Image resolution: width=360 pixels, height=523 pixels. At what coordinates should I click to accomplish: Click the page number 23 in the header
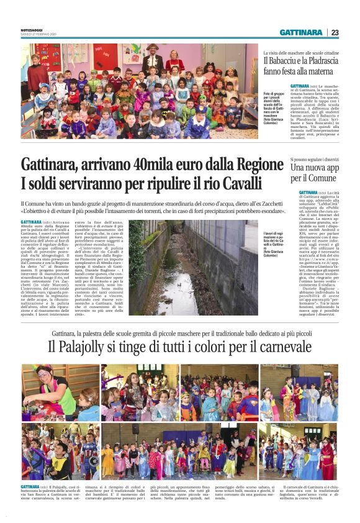pyautogui.click(x=335, y=32)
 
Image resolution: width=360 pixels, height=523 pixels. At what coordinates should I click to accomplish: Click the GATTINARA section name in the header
pyautogui.click(x=300, y=32)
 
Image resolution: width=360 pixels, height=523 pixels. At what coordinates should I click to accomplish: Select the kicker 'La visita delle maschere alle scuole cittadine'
pyautogui.click(x=304, y=52)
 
